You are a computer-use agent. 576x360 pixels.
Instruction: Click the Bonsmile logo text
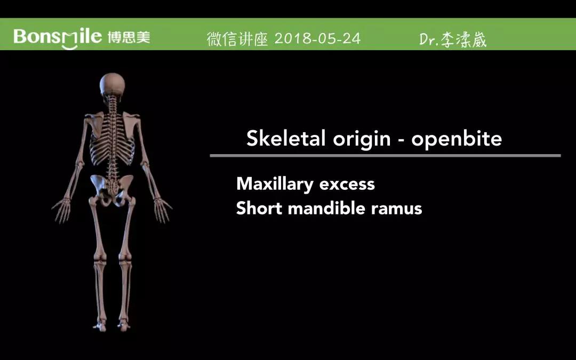(58, 37)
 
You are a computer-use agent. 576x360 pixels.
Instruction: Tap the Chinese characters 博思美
(129, 37)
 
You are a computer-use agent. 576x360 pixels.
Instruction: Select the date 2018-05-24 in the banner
(317, 38)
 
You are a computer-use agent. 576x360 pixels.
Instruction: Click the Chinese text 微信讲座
(237, 39)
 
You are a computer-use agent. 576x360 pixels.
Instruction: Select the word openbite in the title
(456, 139)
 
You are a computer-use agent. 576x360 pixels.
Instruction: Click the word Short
(259, 209)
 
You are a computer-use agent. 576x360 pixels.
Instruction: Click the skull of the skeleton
(113, 84)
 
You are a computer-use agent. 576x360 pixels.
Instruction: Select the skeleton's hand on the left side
(62, 210)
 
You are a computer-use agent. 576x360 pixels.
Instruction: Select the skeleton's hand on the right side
(162, 210)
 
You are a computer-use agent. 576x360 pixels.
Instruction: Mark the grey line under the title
(386, 156)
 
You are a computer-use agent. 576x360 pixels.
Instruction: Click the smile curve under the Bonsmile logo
(69, 47)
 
